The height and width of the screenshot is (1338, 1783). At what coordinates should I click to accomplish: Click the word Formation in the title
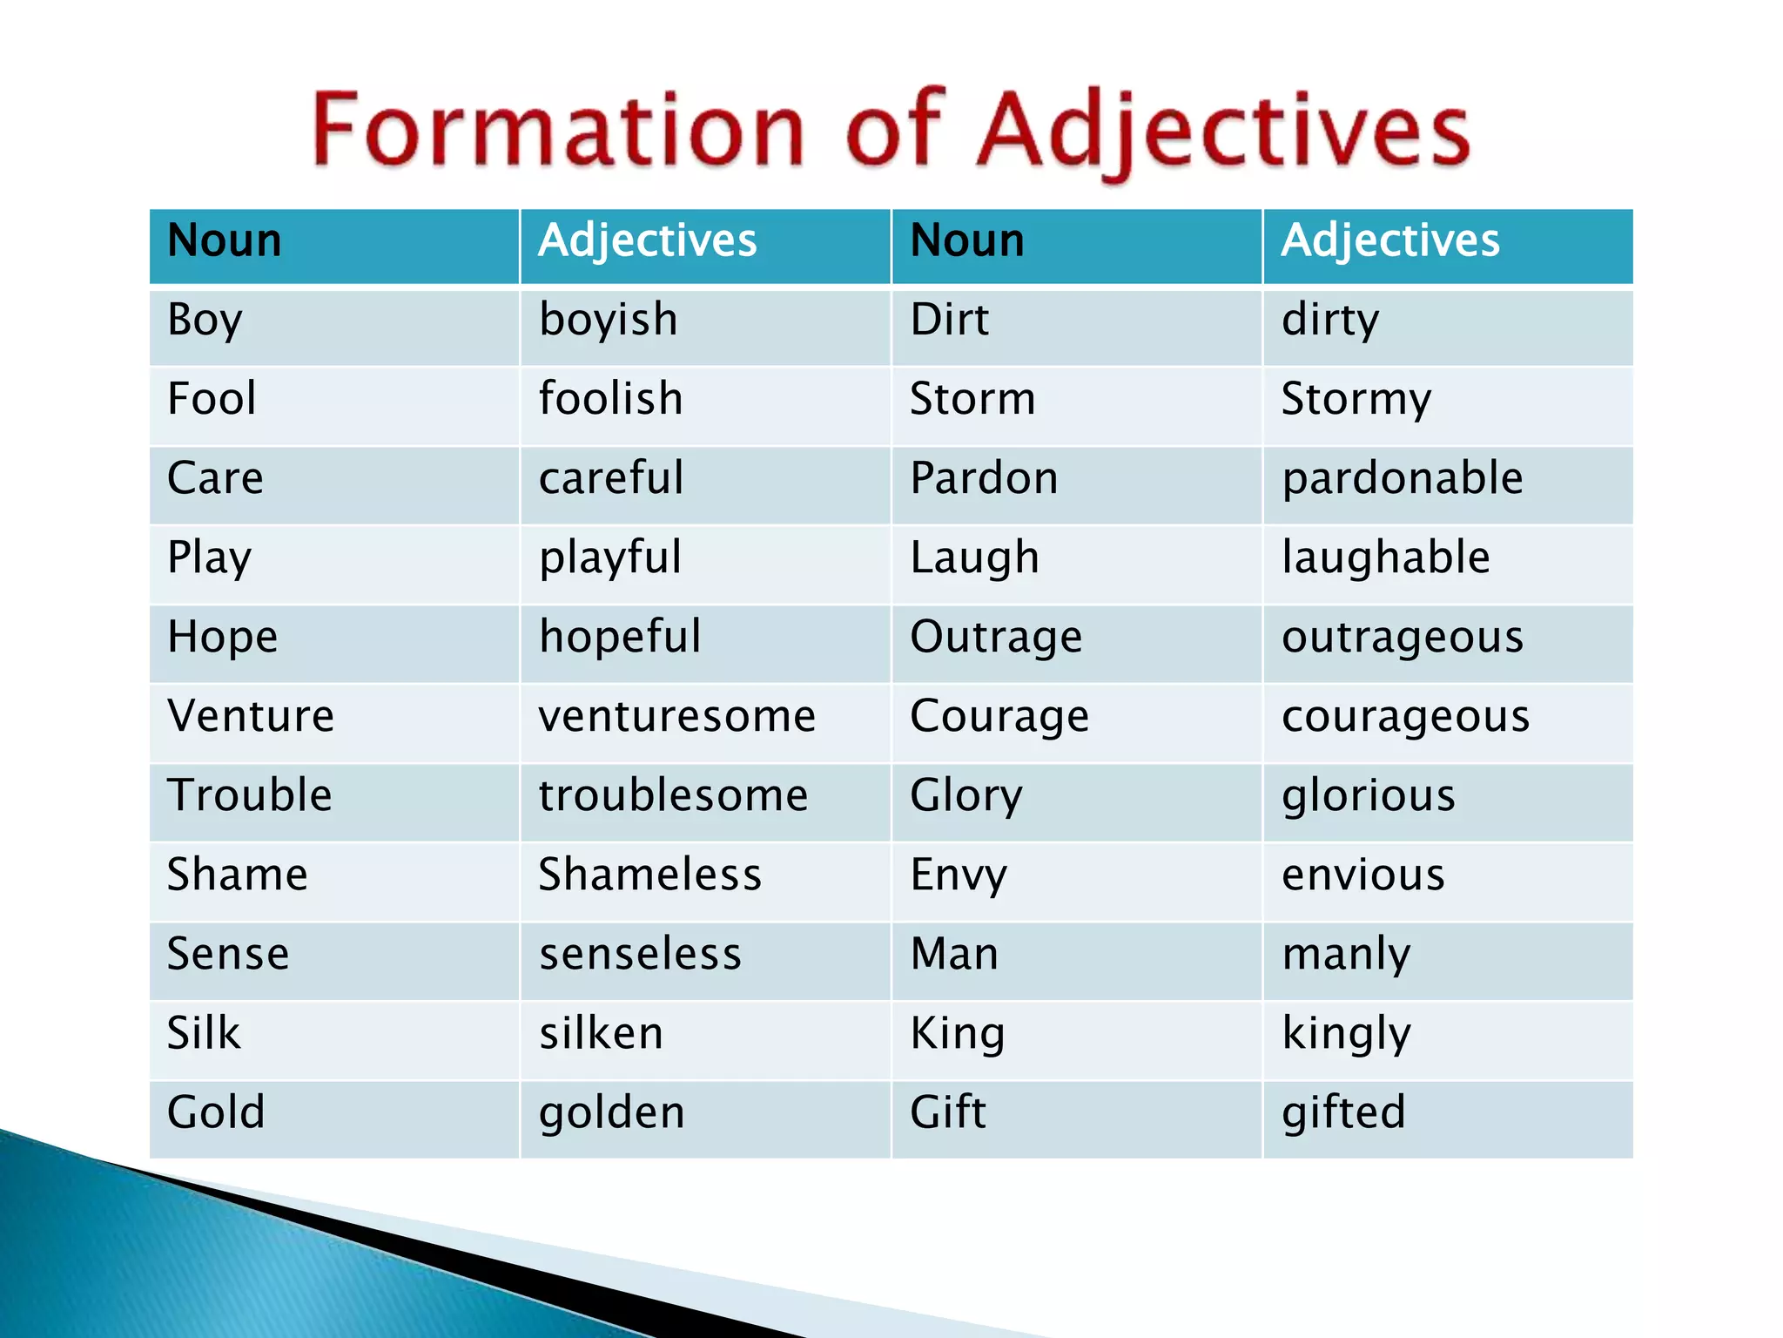pos(557,131)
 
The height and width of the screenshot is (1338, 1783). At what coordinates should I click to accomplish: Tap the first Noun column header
pos(225,240)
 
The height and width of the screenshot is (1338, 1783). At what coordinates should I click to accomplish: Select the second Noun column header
pos(967,240)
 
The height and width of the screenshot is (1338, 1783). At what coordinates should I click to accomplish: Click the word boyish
pos(608,320)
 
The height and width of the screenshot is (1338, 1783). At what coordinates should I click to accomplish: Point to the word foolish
pos(610,399)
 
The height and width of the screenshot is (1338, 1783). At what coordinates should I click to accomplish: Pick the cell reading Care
pos(215,478)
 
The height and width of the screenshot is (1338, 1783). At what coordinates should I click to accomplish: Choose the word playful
pos(610,558)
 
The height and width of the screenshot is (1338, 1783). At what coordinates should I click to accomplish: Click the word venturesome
pos(677,716)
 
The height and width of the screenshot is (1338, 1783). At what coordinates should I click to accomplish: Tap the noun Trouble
pos(250,795)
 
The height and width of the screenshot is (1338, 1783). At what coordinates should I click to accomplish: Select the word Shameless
pos(649,875)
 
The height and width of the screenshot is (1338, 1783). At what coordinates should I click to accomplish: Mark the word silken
pos(601,1033)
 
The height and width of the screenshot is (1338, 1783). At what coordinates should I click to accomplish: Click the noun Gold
pos(216,1112)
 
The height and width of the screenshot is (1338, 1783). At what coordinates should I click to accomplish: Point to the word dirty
pos(1330,320)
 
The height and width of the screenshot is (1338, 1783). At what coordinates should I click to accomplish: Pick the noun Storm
pos(972,399)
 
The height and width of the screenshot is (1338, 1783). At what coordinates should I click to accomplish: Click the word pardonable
pos(1403,478)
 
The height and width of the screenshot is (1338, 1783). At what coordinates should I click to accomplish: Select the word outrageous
pos(1403,638)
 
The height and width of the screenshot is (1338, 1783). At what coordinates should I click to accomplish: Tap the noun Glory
pos(966,796)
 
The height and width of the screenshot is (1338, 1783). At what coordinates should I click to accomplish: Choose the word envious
pos(1363,875)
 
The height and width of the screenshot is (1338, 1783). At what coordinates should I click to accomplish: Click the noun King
pos(958,1034)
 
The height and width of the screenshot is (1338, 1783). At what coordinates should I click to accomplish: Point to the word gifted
pos(1343,1113)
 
